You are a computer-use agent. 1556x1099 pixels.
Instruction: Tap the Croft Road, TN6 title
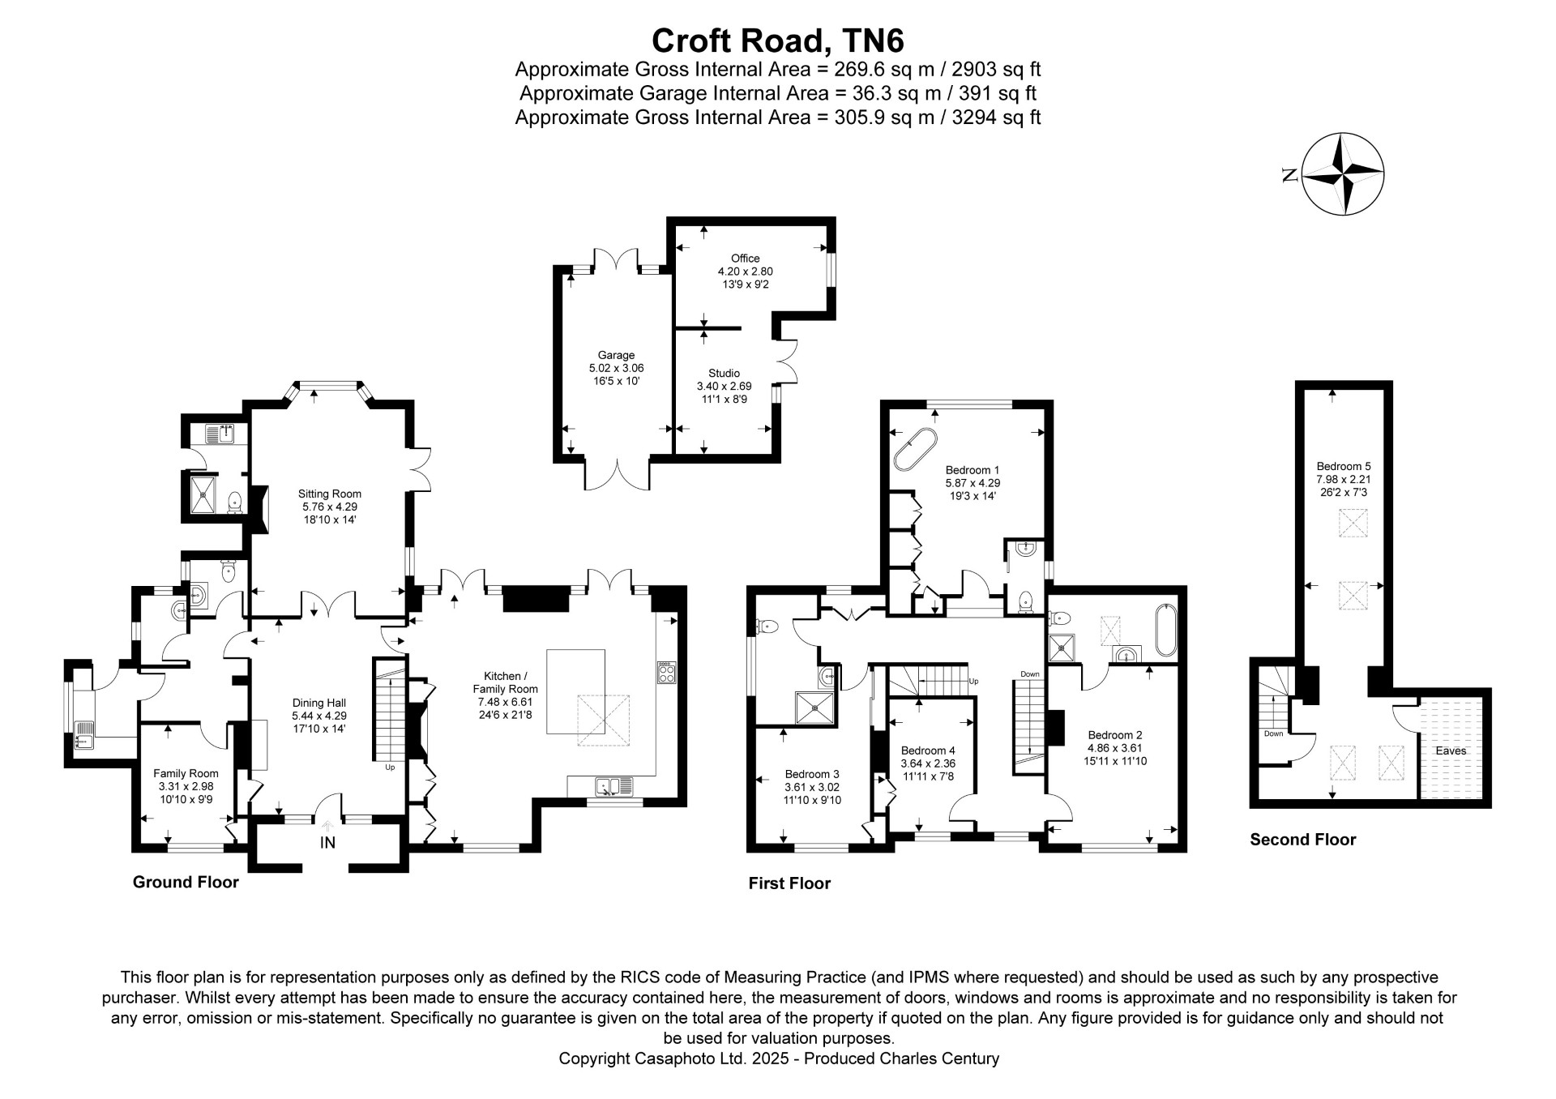click(x=777, y=40)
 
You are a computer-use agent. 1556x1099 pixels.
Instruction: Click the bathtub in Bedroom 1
click(x=916, y=450)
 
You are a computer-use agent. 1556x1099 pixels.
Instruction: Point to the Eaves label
click(x=1451, y=750)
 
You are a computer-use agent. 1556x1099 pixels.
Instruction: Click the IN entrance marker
click(x=327, y=843)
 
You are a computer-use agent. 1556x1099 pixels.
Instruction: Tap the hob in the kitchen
click(x=666, y=673)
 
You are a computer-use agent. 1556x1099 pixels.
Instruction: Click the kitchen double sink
click(x=613, y=786)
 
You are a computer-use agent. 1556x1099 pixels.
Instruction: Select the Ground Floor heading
click(x=186, y=882)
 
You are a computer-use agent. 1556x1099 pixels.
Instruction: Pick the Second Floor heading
click(x=1303, y=840)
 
